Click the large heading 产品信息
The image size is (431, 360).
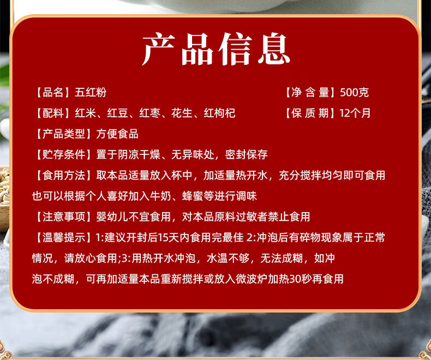pyautogui.click(x=216, y=49)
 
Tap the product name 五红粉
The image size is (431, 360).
pyautogui.click(x=91, y=92)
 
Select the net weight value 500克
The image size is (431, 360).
pyautogui.click(x=354, y=92)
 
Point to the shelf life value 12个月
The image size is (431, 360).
pyautogui.click(x=355, y=113)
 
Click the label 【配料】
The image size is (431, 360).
pyautogui.click(x=53, y=113)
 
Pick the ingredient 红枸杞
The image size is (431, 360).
pyautogui.click(x=219, y=113)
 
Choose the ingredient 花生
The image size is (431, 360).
pyautogui.click(x=182, y=113)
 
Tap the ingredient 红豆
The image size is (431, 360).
pyautogui.click(x=117, y=113)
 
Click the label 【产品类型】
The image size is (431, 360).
pyautogui.click(x=64, y=134)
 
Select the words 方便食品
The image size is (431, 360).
pyautogui.click(x=117, y=134)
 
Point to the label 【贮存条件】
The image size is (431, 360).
pyautogui.click(x=64, y=154)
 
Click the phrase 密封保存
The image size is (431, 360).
pyautogui.click(x=246, y=154)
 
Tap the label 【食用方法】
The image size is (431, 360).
pyautogui.click(x=64, y=175)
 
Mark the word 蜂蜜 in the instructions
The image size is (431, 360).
pyautogui.click(x=193, y=196)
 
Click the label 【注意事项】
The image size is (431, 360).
pyautogui.click(x=64, y=217)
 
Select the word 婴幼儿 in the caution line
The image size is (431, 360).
pyautogui.click(x=112, y=217)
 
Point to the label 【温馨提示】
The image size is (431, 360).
pyautogui.click(x=64, y=237)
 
